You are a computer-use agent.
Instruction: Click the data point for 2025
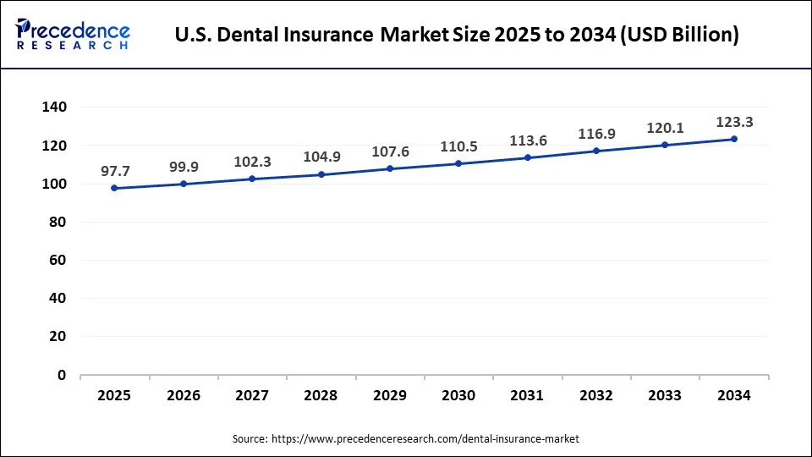click(x=114, y=188)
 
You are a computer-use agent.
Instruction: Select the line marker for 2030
click(x=458, y=163)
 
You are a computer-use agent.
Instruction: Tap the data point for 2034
click(x=733, y=139)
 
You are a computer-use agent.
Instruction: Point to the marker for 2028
click(x=321, y=174)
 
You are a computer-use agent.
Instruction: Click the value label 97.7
click(x=114, y=171)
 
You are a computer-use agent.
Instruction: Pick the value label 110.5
click(x=458, y=146)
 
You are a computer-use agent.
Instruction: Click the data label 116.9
click(x=596, y=134)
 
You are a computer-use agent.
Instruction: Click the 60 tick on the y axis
click(x=58, y=261)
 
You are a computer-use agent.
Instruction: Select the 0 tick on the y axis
click(x=62, y=375)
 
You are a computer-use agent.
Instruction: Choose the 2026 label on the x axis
click(x=184, y=395)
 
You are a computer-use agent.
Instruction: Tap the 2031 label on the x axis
click(x=527, y=395)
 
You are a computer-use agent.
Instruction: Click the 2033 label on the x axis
click(x=665, y=395)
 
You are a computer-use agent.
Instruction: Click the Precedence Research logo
click(x=73, y=35)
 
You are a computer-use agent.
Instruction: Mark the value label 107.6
click(x=390, y=151)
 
